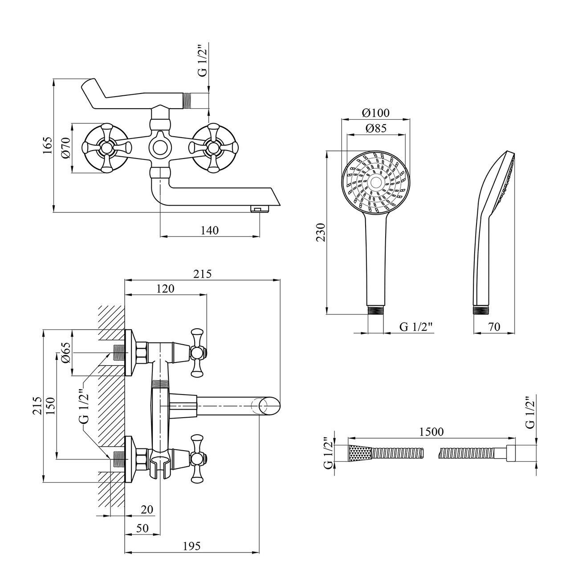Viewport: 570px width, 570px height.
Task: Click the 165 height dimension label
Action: click(48, 146)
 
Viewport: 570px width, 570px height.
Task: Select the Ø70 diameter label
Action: click(65, 148)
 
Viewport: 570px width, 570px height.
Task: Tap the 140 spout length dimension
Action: click(210, 230)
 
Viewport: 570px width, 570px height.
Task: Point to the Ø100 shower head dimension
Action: click(375, 113)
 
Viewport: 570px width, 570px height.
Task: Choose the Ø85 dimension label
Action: click(375, 128)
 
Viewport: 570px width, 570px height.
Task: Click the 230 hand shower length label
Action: click(321, 232)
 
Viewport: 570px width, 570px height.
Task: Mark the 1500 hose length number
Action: click(431, 432)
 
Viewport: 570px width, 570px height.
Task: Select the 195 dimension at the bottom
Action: click(191, 546)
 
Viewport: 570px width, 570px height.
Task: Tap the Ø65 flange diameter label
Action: click(65, 353)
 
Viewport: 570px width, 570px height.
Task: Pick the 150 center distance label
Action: click(51, 406)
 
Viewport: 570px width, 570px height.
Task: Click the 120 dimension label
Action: click(165, 288)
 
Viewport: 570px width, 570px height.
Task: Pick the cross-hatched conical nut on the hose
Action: click(359, 453)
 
